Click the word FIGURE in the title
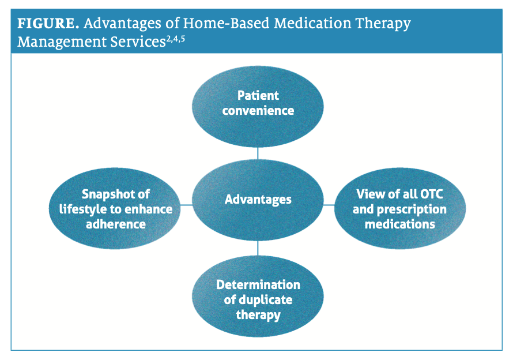(48, 24)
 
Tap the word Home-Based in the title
(226, 24)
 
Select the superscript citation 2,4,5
(175, 39)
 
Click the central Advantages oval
(258, 200)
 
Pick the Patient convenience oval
(258, 107)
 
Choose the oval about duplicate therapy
(258, 296)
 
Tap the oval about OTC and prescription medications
(400, 208)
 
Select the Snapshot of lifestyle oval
(115, 208)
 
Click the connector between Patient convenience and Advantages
(258, 153)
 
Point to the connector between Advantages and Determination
(258, 248)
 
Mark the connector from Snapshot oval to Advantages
(186, 205)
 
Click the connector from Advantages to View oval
(329, 205)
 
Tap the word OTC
(432, 194)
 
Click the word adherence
(116, 224)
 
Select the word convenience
(258, 111)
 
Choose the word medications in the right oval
(400, 224)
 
